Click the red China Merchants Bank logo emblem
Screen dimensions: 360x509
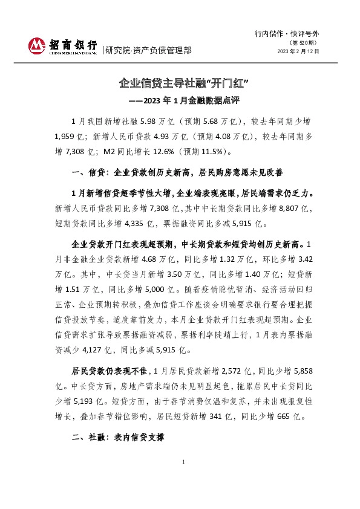(x=37, y=46)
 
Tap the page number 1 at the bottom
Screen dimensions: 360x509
(x=183, y=479)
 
